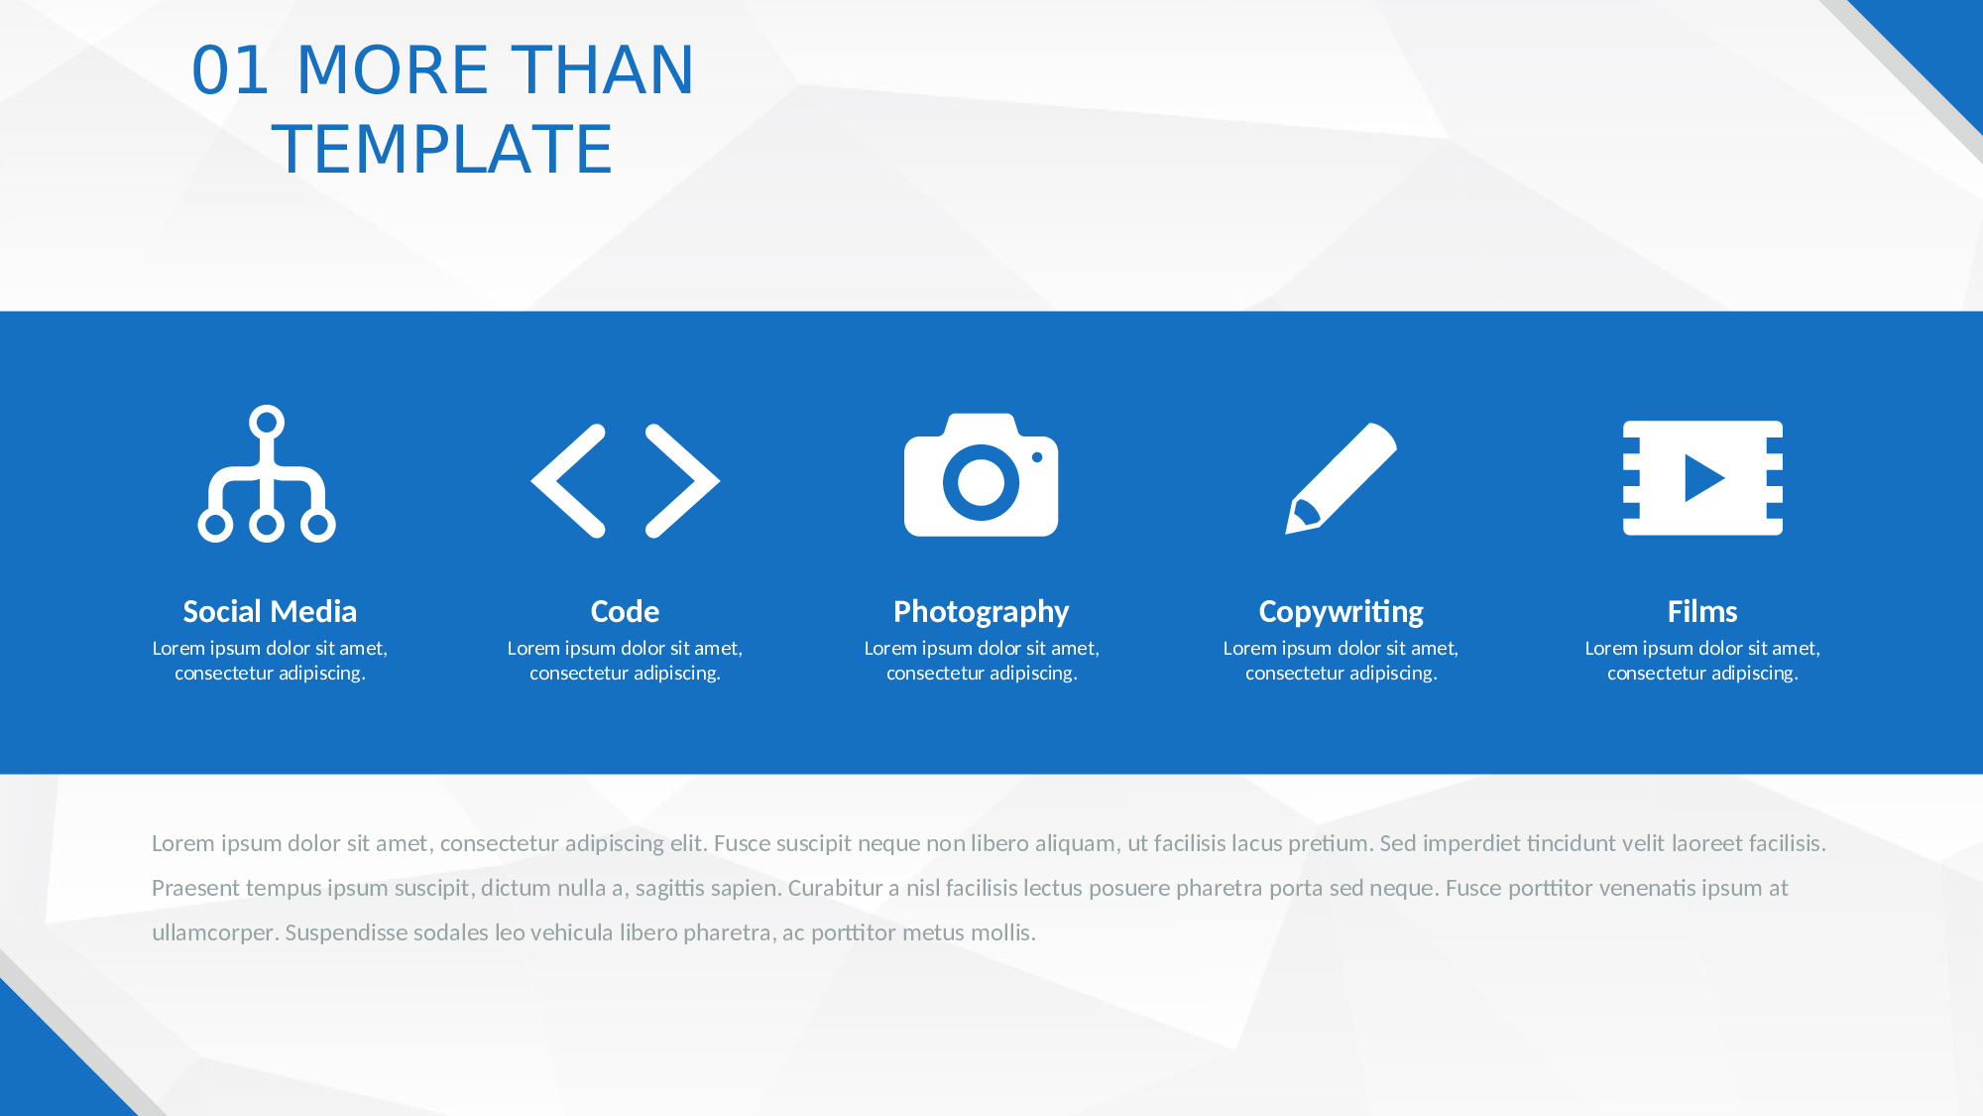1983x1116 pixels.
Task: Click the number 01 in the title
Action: point(230,70)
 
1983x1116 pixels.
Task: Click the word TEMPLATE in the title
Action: point(442,150)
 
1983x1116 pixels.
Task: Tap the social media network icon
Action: point(267,474)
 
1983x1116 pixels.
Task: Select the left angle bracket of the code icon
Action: point(569,481)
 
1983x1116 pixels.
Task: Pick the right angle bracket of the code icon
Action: point(682,481)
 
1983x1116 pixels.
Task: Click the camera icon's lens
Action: point(981,483)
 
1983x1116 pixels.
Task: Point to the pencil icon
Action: point(1341,478)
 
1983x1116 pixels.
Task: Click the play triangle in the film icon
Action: point(1704,478)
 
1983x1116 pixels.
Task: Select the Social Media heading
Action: point(270,611)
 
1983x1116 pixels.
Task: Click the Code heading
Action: point(625,611)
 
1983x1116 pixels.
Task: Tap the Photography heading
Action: point(982,612)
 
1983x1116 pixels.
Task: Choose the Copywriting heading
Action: point(1341,612)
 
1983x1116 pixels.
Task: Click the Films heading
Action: point(1702,611)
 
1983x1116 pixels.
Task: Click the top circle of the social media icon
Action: point(267,423)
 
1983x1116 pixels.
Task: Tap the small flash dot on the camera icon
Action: point(1037,457)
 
